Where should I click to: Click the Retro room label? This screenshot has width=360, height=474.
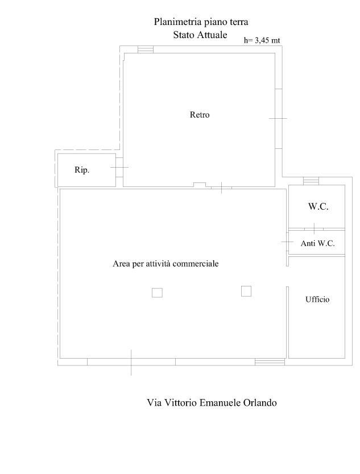(x=200, y=115)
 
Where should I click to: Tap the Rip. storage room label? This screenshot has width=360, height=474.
(x=82, y=170)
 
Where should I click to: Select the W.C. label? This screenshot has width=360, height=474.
(x=318, y=206)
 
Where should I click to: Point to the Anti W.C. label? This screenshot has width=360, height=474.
(x=318, y=243)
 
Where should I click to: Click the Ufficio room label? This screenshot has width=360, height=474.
(x=317, y=300)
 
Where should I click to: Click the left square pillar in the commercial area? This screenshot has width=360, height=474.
(x=157, y=293)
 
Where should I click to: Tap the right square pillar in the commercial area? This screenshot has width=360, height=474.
(x=246, y=291)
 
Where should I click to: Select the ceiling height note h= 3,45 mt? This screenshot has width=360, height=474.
(x=262, y=40)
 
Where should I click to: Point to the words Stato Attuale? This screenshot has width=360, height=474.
(x=200, y=35)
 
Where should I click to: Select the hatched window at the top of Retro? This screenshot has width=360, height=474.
(x=146, y=49)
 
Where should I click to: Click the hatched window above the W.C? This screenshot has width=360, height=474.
(x=311, y=181)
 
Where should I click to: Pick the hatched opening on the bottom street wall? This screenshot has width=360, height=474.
(x=270, y=362)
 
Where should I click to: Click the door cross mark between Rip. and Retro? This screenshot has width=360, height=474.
(x=119, y=167)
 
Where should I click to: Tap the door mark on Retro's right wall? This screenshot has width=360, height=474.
(x=278, y=118)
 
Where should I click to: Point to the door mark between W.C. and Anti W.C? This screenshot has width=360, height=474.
(x=314, y=228)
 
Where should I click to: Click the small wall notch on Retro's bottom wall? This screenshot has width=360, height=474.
(x=200, y=185)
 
